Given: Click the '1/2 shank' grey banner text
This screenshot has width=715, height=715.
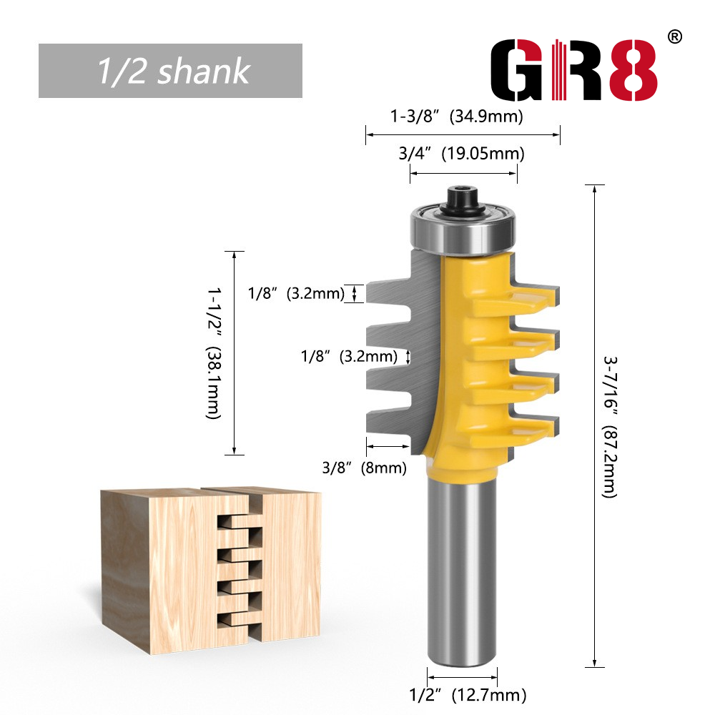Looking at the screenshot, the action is coord(174,71).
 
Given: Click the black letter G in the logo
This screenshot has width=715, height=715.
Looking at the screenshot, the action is coord(517,70).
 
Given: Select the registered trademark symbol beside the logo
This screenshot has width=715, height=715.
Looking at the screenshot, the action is coord(675,37).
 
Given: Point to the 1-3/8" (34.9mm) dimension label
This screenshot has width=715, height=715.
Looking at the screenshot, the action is coord(456,117).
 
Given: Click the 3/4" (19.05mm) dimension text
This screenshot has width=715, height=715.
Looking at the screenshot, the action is coord(461,154).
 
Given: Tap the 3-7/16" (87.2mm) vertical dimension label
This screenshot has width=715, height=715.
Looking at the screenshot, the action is coord(610,427).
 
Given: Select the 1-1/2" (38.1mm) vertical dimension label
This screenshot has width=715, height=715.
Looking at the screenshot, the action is coord(213,353).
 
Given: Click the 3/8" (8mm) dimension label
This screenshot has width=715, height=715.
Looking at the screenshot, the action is coord(364,468).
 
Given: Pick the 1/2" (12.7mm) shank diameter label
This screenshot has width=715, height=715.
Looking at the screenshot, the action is coord(468,695).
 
